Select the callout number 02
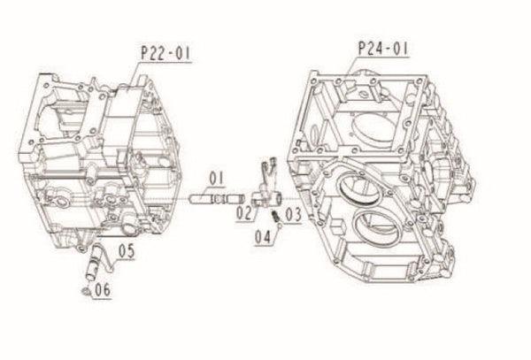click(x=242, y=211)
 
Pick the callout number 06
click(x=101, y=287)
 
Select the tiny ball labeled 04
click(x=277, y=226)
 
